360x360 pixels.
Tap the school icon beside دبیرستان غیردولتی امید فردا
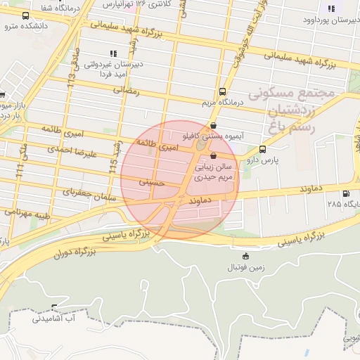[x=112, y=53]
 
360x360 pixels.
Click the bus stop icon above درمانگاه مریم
[x=223, y=91]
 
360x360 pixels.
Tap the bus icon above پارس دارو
[x=263, y=149]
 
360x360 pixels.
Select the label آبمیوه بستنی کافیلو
[x=212, y=136]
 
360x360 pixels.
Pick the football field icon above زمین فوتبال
[x=245, y=256]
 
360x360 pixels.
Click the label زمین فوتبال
[x=243, y=268]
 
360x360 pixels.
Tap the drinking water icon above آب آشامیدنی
[x=54, y=307]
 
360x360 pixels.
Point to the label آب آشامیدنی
[x=53, y=319]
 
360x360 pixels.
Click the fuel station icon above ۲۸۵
[x=345, y=194]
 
